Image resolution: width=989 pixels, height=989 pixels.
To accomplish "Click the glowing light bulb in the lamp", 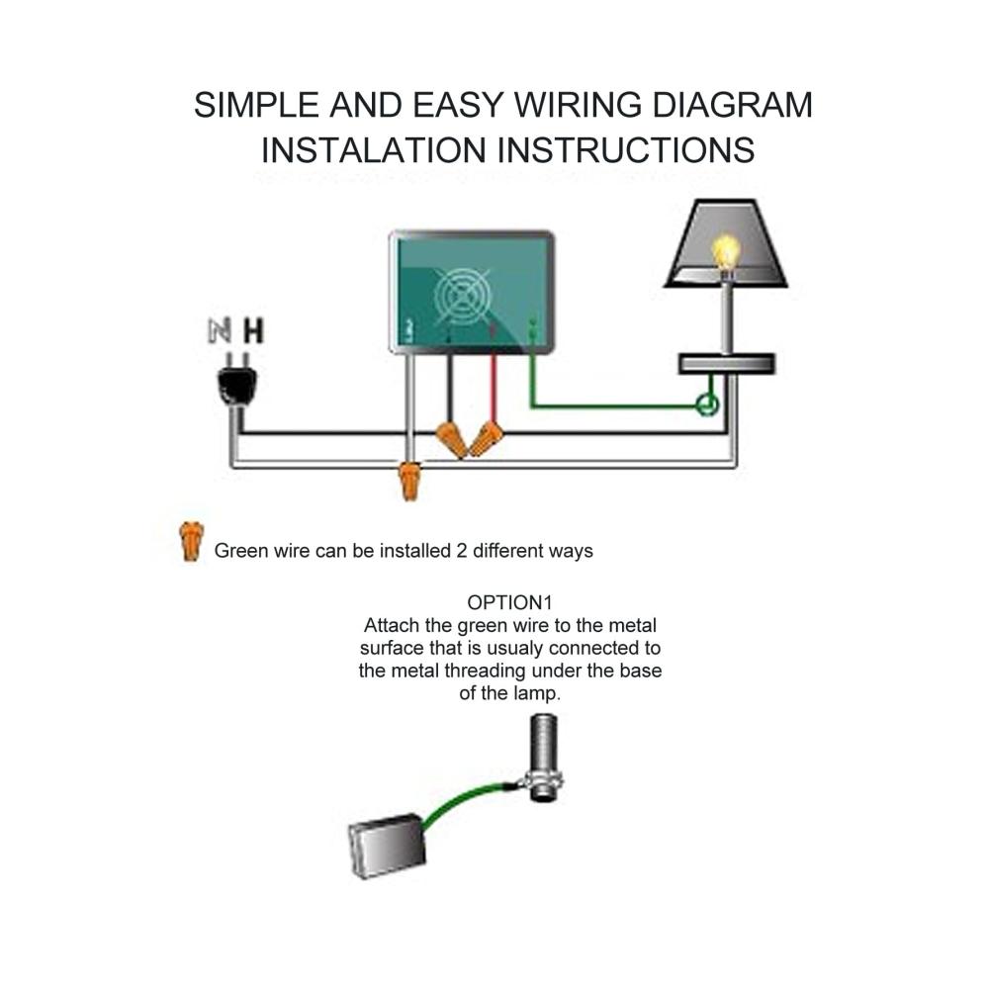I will pos(728,252).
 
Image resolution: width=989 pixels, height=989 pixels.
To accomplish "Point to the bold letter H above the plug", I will pos(253,331).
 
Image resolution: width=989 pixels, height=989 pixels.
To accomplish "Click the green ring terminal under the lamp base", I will pos(708,404).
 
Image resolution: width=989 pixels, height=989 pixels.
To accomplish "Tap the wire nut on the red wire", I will pos(486,438).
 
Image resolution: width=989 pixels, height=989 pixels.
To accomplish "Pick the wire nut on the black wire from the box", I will pos(452,438).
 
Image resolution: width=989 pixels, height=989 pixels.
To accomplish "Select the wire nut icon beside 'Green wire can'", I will pos(189,542).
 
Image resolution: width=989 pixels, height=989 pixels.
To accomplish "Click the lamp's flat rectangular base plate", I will pos(727,363).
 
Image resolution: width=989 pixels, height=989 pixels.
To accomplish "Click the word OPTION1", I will pos(509,602).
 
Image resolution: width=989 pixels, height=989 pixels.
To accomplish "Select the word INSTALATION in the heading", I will pos(373,150).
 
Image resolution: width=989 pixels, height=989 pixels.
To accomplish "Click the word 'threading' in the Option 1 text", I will pos(487,672).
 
